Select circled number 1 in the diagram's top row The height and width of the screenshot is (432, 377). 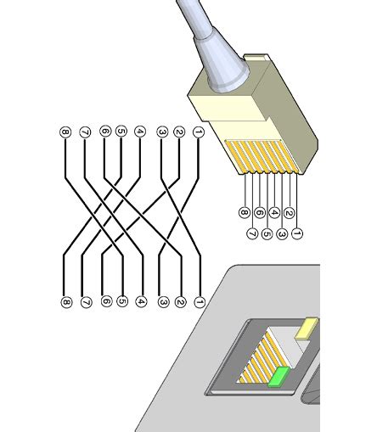tap(199, 132)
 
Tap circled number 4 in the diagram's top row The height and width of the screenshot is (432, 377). tap(140, 132)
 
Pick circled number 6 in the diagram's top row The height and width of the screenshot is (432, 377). tap(104, 132)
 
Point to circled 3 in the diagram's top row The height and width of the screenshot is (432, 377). tap(161, 132)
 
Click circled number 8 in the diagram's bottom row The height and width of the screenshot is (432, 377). tap(65, 301)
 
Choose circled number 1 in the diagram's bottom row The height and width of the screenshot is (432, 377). tap(199, 301)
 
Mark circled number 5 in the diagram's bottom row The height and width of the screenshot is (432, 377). tap(122, 301)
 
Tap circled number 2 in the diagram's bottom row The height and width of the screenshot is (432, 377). tap(180, 301)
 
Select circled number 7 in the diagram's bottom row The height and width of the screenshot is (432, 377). tap(85, 301)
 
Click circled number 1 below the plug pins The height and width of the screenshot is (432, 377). tap(296, 231)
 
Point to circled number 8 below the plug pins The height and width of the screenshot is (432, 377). tap(244, 213)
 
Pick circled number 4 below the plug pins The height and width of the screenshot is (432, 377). tap(274, 213)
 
